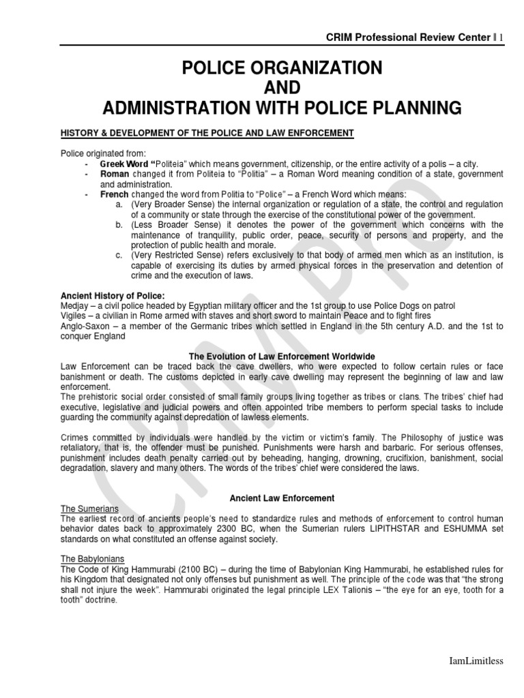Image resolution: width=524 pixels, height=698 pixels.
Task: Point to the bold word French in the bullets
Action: click(x=115, y=194)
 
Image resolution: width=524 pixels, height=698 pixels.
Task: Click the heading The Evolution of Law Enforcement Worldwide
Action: click(x=281, y=356)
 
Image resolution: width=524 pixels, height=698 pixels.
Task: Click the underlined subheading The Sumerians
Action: click(x=90, y=509)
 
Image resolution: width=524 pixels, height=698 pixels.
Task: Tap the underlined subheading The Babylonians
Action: click(x=93, y=560)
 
